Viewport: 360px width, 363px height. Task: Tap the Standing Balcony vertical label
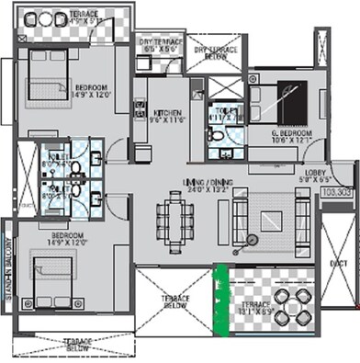[7, 277]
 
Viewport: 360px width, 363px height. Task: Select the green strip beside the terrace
[219, 299]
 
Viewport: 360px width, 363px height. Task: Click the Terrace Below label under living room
[175, 304]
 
